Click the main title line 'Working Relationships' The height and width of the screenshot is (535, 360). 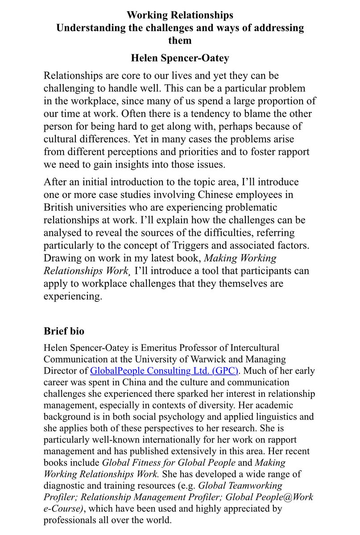click(180, 16)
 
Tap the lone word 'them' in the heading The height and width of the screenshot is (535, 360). click(180, 41)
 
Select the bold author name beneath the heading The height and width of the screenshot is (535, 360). click(180, 58)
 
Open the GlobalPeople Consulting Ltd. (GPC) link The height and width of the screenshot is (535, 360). click(165, 370)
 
